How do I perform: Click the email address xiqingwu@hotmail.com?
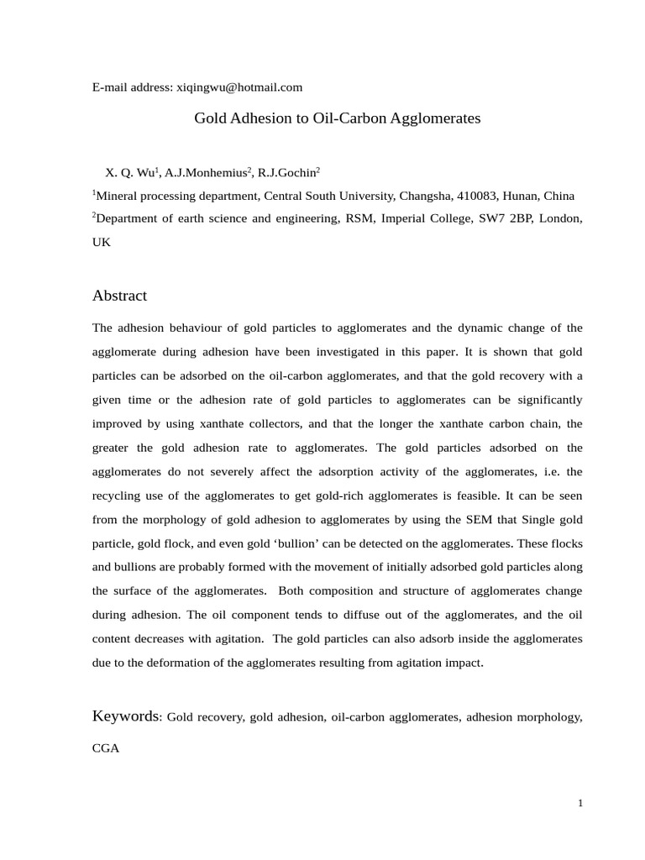coord(239,87)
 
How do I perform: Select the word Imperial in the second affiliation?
coord(411,218)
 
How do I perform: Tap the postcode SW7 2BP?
coord(501,218)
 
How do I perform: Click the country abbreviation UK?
coord(101,242)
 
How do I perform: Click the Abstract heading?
coord(119,296)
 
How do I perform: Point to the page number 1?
coord(579,804)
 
